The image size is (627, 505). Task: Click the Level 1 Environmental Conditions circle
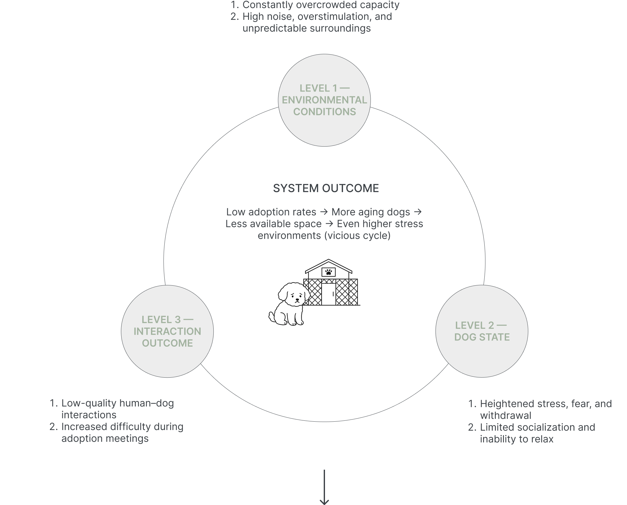(x=324, y=100)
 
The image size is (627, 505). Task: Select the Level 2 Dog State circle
(x=482, y=331)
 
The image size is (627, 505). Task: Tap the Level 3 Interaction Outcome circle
(x=167, y=331)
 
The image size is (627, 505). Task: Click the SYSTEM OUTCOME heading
(x=326, y=188)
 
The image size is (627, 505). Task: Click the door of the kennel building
(x=328, y=294)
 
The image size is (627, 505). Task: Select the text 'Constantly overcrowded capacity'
(x=321, y=5)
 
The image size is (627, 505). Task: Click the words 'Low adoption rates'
(x=271, y=212)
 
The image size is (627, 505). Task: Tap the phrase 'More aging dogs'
(x=371, y=212)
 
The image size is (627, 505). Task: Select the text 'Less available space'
(x=273, y=224)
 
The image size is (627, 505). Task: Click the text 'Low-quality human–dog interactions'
(x=117, y=409)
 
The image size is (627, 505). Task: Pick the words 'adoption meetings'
(x=105, y=439)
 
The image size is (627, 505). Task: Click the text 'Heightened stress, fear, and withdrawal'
(x=545, y=410)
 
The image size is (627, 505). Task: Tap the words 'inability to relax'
(x=517, y=439)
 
